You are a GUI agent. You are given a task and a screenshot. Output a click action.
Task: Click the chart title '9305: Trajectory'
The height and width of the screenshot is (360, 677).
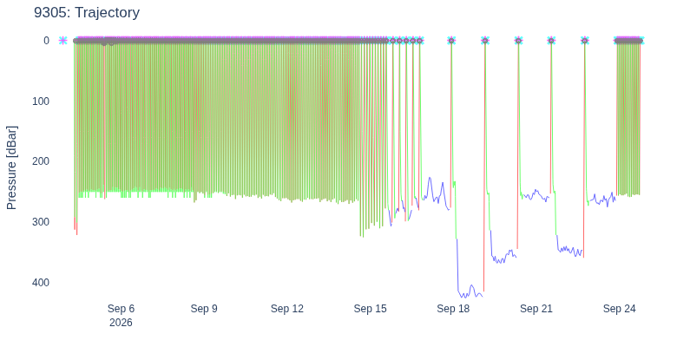point(87,12)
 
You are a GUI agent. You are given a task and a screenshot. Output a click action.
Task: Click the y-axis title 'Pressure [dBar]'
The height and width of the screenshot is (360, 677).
point(11,168)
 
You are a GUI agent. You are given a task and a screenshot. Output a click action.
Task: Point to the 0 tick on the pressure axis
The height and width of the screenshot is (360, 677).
point(47,41)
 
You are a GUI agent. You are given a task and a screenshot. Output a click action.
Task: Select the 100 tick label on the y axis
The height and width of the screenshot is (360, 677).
point(41,101)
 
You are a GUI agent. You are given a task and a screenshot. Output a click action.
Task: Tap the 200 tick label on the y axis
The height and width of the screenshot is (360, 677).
point(41,161)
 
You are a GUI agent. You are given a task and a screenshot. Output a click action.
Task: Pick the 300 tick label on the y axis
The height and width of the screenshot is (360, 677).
point(41,222)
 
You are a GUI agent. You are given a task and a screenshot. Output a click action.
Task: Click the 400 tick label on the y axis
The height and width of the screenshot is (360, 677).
point(41,282)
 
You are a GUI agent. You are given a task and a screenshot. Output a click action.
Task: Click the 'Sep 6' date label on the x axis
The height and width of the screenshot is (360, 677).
point(121,309)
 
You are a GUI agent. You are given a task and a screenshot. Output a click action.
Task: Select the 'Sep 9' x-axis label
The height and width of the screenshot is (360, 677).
point(204,309)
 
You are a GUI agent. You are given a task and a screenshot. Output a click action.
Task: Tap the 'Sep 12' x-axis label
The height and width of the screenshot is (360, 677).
point(287,309)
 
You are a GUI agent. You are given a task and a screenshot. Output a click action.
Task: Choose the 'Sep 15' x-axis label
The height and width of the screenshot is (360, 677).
point(370,309)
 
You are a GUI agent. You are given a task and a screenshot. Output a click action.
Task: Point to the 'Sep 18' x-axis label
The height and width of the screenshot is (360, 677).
point(453,309)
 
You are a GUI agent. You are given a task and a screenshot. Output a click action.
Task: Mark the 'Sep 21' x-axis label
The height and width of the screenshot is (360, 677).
point(536,309)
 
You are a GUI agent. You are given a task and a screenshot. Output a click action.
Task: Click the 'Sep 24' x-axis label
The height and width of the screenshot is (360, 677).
point(619,309)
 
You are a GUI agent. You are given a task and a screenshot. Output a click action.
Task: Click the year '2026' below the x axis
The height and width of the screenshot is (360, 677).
point(121,323)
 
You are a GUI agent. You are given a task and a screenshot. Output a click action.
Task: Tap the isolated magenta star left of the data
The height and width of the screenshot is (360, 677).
point(63,41)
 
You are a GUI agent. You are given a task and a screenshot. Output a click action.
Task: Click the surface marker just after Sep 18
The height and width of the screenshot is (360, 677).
point(485,41)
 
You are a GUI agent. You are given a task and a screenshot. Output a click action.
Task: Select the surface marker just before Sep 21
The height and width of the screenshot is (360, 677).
point(518,41)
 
